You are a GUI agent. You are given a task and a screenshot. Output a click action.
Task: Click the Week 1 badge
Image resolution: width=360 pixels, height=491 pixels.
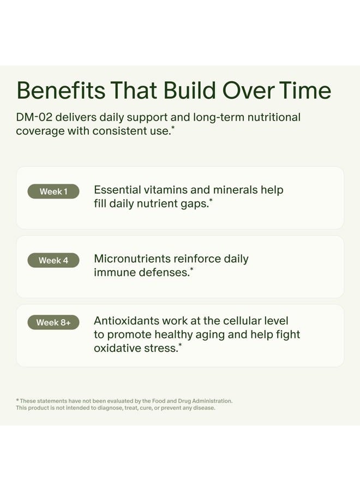tap(53, 191)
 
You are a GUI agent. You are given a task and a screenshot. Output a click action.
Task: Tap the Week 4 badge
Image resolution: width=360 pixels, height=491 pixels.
tap(53, 261)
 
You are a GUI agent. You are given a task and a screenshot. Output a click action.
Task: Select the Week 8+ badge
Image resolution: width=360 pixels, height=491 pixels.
tap(53, 322)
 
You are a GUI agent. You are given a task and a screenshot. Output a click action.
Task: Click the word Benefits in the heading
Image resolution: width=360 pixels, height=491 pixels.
tap(61, 91)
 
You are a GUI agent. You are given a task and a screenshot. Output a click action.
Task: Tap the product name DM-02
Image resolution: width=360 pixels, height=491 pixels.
tap(34, 117)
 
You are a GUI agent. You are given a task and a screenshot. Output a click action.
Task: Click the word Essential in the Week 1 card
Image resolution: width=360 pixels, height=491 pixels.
tap(117, 190)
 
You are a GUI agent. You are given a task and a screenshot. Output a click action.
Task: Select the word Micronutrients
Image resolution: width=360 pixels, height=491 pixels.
tap(131, 259)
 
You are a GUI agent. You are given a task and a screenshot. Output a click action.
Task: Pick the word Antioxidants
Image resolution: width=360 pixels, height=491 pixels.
tap(127, 321)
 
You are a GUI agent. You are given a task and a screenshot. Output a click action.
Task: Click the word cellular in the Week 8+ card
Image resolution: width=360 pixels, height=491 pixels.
tap(230, 321)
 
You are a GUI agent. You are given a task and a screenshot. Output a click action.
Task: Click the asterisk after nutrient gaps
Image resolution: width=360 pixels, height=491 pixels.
tap(211, 201)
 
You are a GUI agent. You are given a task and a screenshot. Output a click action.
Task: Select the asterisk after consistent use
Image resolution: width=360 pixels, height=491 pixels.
tap(173, 128)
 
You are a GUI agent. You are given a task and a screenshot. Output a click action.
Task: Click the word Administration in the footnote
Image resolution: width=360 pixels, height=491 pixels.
tap(210, 401)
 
